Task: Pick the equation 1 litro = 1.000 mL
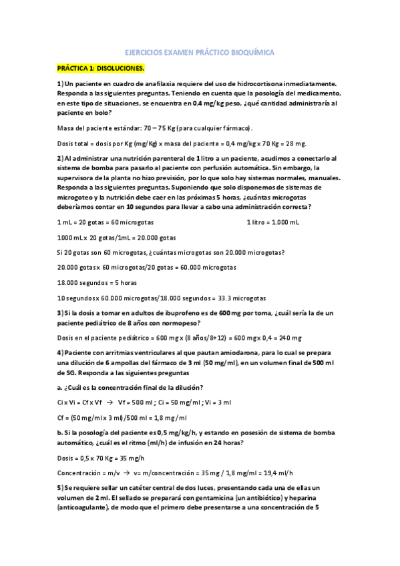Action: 273,222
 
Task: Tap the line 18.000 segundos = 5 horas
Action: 95,282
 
